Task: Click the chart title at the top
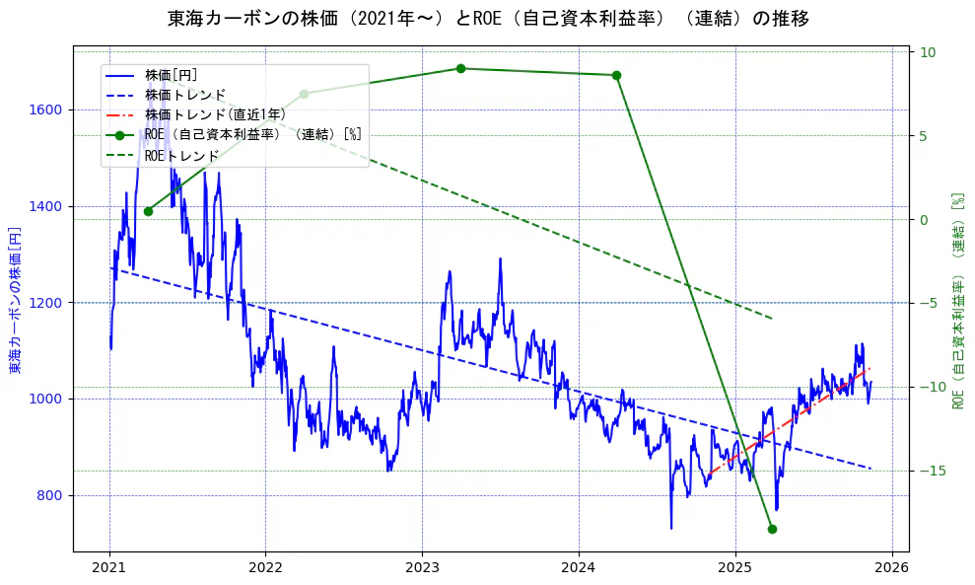(488, 19)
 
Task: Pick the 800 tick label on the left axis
(53, 495)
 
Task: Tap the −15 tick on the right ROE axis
(931, 471)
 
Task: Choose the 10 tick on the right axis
(929, 52)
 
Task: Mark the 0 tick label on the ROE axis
(924, 219)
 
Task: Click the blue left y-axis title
(15, 300)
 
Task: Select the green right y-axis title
(957, 300)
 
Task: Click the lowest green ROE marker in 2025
(772, 529)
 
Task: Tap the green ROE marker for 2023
(460, 68)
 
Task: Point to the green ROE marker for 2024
(616, 75)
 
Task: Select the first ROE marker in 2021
(148, 211)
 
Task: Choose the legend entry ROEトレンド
(181, 156)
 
